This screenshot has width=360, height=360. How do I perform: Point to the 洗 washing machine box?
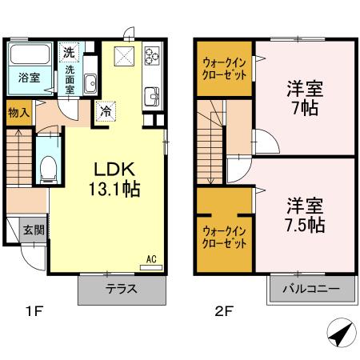point(69,53)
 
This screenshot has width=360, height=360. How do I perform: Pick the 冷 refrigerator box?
point(105,113)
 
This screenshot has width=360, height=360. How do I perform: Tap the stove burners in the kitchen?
point(152,57)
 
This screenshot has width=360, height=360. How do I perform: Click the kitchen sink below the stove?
point(151,97)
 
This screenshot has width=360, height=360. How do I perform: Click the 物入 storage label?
point(18,112)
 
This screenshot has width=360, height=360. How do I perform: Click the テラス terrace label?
point(123,290)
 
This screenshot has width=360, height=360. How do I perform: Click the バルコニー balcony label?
point(312,289)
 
